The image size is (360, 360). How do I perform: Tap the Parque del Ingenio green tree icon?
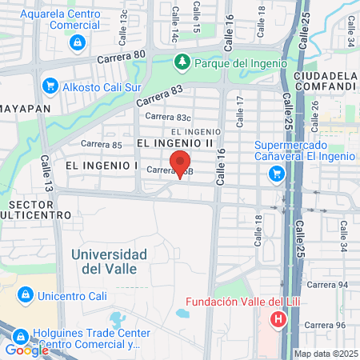[x=183, y=62]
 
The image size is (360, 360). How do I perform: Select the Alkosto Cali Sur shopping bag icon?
[x=50, y=84]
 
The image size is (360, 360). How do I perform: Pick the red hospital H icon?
[x=278, y=320]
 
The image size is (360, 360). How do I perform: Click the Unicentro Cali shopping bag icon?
[x=26, y=295]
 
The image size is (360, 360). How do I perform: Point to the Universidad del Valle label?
[x=109, y=261]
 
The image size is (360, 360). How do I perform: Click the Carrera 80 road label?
[x=122, y=56]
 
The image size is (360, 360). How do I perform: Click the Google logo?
[x=26, y=350]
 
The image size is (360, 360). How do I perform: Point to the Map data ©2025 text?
[x=326, y=354]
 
